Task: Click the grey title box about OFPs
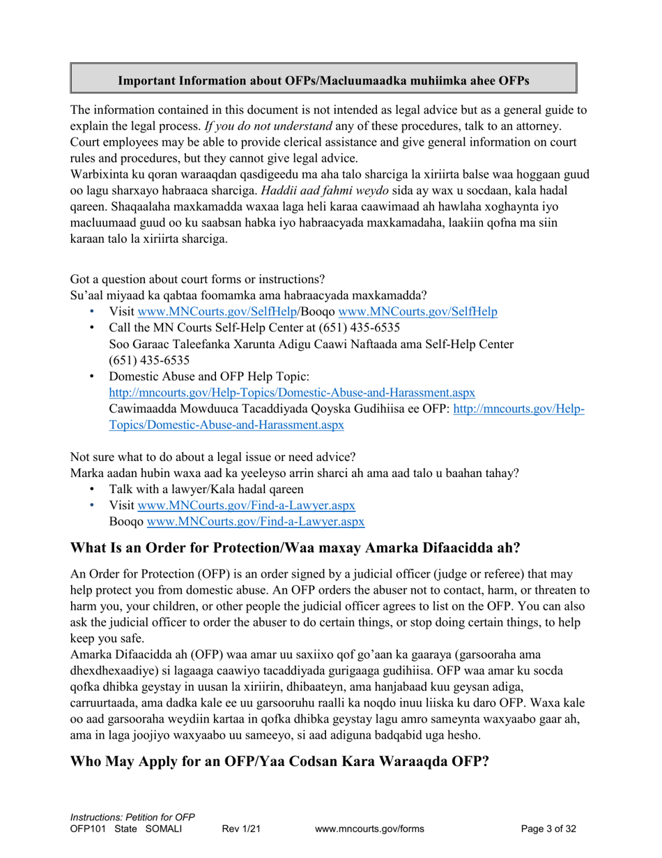click(323, 79)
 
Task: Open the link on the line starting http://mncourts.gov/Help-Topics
click(293, 393)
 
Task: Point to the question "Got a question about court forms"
click(197, 280)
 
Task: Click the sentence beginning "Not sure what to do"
click(213, 458)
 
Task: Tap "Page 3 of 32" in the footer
click(548, 829)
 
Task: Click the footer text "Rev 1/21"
click(240, 829)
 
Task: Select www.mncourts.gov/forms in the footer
click(369, 829)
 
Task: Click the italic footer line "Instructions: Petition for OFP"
click(132, 817)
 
